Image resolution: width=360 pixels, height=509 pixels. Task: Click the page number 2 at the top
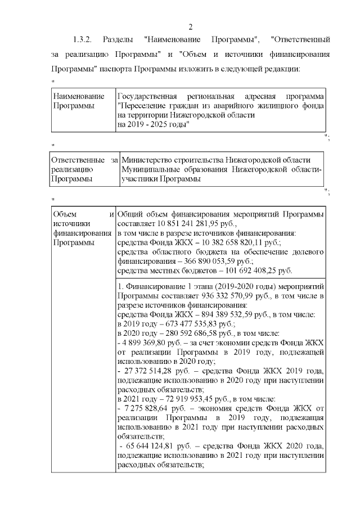190,27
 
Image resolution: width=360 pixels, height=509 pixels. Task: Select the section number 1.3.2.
83,40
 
